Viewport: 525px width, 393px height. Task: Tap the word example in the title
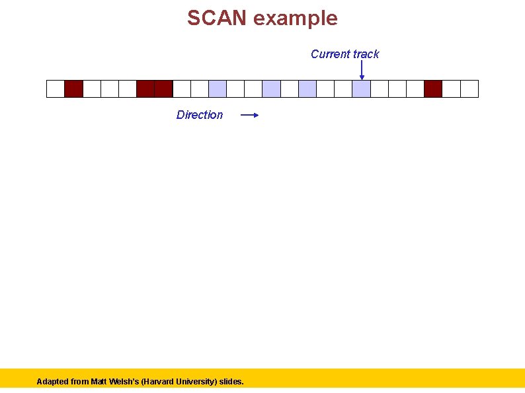[296, 18]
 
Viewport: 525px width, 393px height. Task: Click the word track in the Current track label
[366, 54]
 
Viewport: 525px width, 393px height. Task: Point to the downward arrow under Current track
[362, 71]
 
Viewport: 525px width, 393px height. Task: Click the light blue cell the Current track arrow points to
[361, 89]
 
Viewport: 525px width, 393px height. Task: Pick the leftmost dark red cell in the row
[73, 89]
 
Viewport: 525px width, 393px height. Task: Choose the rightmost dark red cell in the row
[433, 89]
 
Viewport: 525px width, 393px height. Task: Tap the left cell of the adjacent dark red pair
[145, 89]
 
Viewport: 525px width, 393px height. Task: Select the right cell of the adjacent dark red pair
[163, 89]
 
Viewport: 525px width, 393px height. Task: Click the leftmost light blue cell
[218, 89]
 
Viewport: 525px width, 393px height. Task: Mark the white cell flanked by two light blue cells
[290, 89]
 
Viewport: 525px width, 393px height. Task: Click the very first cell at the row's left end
[56, 89]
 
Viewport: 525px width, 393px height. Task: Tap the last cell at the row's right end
[469, 89]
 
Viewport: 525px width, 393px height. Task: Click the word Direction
[200, 115]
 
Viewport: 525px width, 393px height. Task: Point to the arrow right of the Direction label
[249, 115]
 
